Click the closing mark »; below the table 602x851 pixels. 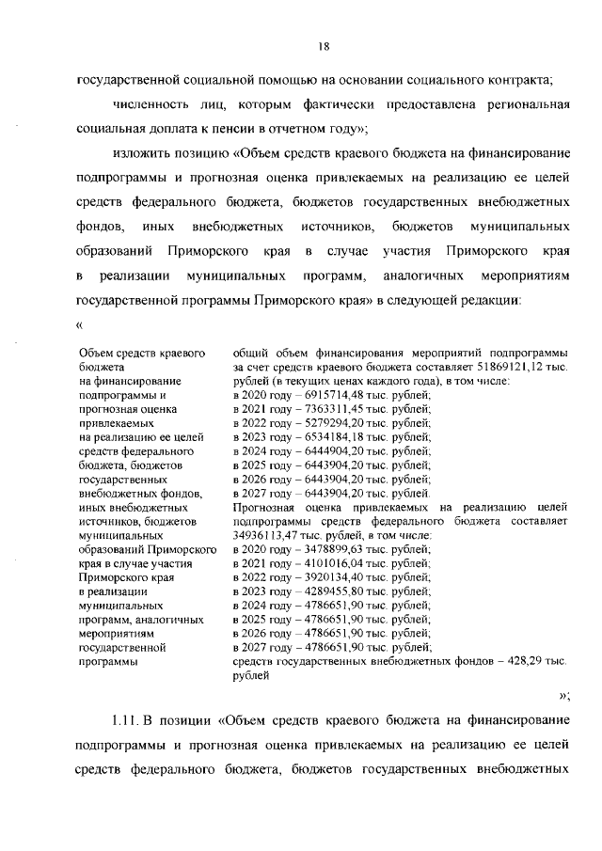tap(564, 695)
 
